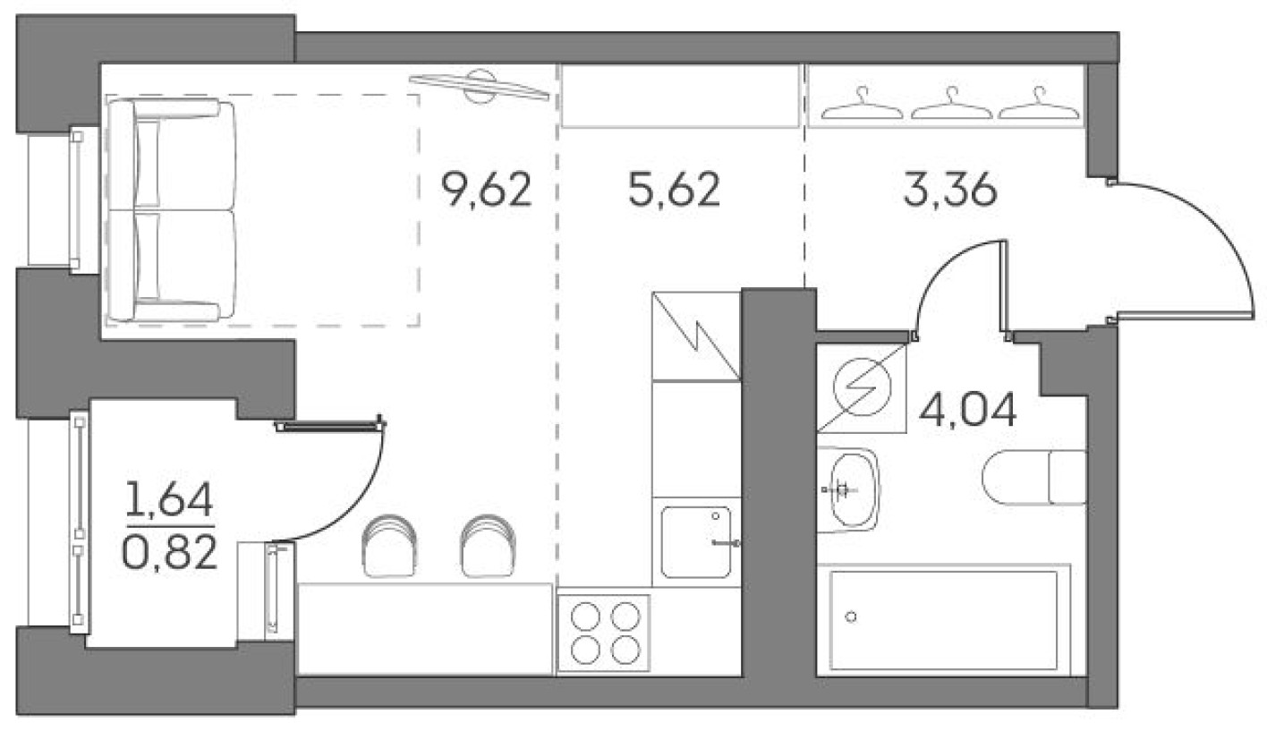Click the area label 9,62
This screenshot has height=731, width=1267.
coord(487,191)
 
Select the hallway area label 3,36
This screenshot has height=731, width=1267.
coord(949,191)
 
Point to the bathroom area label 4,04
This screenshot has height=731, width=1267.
coord(968,412)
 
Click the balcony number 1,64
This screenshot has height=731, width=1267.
coord(169,501)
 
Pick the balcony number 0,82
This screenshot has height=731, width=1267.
coord(169,555)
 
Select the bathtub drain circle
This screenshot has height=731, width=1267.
coord(851,616)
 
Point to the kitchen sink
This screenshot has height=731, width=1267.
coord(696,541)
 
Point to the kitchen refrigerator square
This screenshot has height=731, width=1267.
coord(696,335)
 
